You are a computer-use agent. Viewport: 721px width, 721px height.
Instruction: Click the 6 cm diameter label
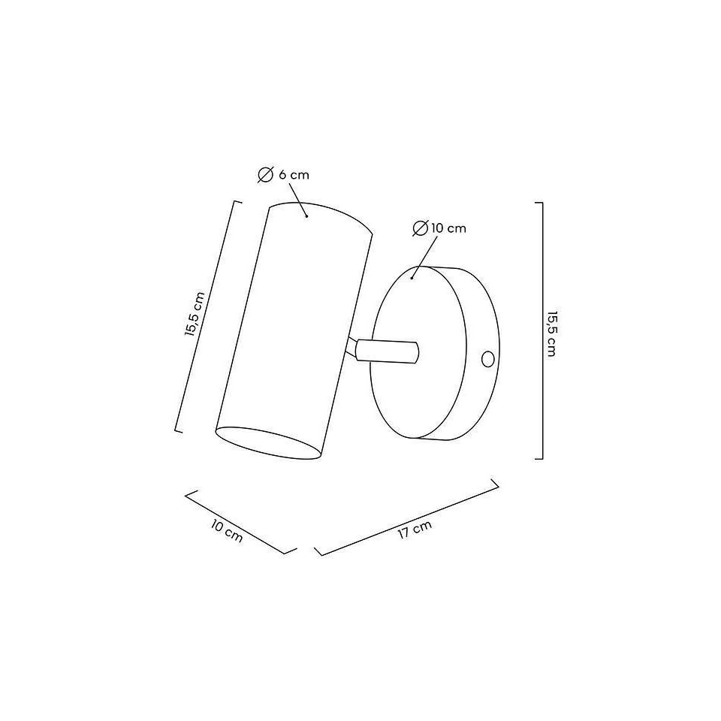[x=283, y=175]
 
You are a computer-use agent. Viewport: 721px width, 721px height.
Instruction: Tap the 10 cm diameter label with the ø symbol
[x=439, y=228]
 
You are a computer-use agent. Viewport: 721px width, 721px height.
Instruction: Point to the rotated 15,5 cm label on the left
[x=194, y=315]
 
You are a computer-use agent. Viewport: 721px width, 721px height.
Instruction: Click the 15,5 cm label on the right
[x=552, y=333]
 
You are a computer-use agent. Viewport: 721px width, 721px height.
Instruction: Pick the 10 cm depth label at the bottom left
[x=227, y=531]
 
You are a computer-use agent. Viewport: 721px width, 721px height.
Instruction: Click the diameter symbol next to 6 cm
[x=265, y=175]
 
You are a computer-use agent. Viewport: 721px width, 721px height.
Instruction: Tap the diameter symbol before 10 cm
[x=421, y=228]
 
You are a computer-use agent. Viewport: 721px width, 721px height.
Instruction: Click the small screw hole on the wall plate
[x=488, y=359]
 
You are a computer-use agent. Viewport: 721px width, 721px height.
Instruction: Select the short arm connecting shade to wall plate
[x=386, y=351]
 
